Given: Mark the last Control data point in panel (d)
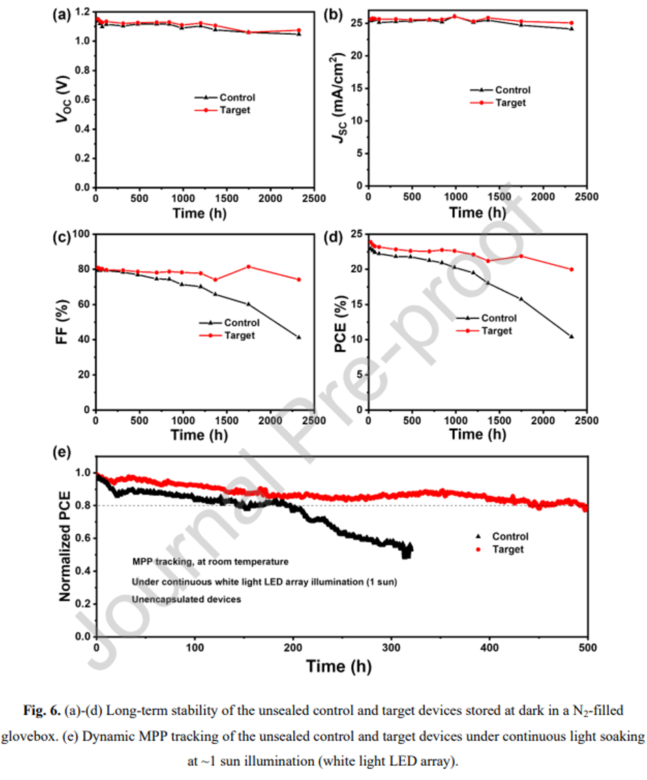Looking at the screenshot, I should pos(571,336).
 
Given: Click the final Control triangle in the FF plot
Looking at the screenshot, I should pos(299,337).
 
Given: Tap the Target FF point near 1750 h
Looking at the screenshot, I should pos(248,267).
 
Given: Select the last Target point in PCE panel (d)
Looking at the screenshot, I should pos(571,269).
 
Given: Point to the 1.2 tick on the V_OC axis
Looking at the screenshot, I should pos(82,12).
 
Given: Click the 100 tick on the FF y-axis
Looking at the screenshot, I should pos(81,234).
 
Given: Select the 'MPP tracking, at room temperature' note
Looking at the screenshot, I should pos(202,562).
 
